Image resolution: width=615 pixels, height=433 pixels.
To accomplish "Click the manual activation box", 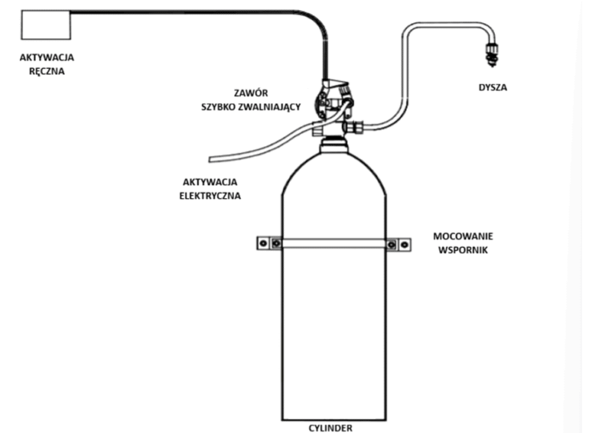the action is (x=46, y=25).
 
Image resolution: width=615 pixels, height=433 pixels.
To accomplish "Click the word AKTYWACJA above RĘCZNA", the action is (x=46, y=58).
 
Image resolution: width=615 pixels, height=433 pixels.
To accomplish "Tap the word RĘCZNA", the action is (x=46, y=71).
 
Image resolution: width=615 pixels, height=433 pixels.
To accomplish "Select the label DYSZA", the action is (x=492, y=87).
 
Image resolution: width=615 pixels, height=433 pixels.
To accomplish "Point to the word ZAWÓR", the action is (x=251, y=93).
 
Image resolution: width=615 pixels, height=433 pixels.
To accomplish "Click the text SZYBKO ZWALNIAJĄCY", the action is (x=251, y=107).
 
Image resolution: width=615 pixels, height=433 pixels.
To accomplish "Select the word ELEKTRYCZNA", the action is (x=210, y=196).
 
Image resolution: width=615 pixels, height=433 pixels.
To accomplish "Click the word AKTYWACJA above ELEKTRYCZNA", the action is (x=210, y=182).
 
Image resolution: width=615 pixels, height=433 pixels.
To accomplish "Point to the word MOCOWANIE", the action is (x=463, y=237).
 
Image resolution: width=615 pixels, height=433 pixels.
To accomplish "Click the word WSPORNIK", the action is (x=463, y=250).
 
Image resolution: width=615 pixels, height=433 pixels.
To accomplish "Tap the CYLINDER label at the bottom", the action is (x=330, y=428).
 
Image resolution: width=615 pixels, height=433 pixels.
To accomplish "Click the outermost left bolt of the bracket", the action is (x=263, y=244).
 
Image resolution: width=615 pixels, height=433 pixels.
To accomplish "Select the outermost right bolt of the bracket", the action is (x=404, y=245).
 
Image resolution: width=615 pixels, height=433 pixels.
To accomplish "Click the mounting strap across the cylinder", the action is (x=334, y=244).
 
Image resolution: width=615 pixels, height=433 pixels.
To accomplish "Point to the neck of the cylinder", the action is (x=334, y=145).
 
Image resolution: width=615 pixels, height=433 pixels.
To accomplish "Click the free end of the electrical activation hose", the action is (x=211, y=160).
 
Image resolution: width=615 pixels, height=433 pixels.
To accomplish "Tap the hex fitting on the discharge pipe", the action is (x=356, y=127).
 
